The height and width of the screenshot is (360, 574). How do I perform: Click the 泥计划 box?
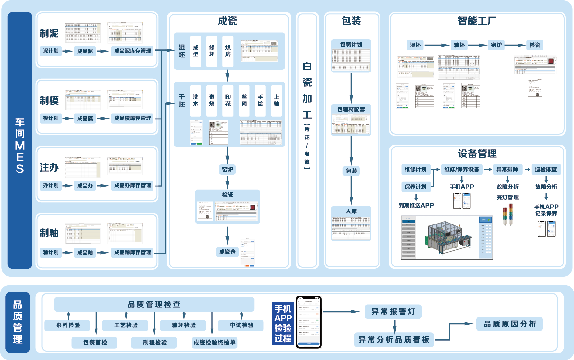click(51, 51)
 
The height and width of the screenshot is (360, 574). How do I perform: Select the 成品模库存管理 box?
click(132, 118)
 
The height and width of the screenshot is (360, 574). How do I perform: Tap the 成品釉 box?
click(85, 253)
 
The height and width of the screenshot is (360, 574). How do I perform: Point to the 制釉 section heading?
click(49, 233)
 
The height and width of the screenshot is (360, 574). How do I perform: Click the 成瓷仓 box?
click(227, 252)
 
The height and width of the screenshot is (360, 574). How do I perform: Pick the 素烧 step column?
click(212, 101)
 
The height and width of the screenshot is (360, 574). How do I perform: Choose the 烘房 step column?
click(228, 51)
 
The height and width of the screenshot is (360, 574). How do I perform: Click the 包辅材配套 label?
click(351, 109)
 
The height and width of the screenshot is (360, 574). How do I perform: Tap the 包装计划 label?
click(351, 45)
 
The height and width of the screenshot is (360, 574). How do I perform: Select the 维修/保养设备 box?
click(461, 170)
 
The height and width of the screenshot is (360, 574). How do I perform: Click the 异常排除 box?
click(507, 170)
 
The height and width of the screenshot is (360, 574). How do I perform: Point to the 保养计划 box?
click(416, 187)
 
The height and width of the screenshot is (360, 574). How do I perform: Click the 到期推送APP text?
click(416, 205)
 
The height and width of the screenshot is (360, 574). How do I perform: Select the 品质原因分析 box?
click(509, 324)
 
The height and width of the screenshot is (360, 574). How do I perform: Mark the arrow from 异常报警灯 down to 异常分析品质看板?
click(395, 326)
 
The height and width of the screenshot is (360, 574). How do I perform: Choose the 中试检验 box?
click(241, 325)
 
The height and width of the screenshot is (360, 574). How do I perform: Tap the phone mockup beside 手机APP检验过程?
click(309, 322)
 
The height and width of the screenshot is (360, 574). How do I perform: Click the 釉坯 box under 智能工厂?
click(459, 45)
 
